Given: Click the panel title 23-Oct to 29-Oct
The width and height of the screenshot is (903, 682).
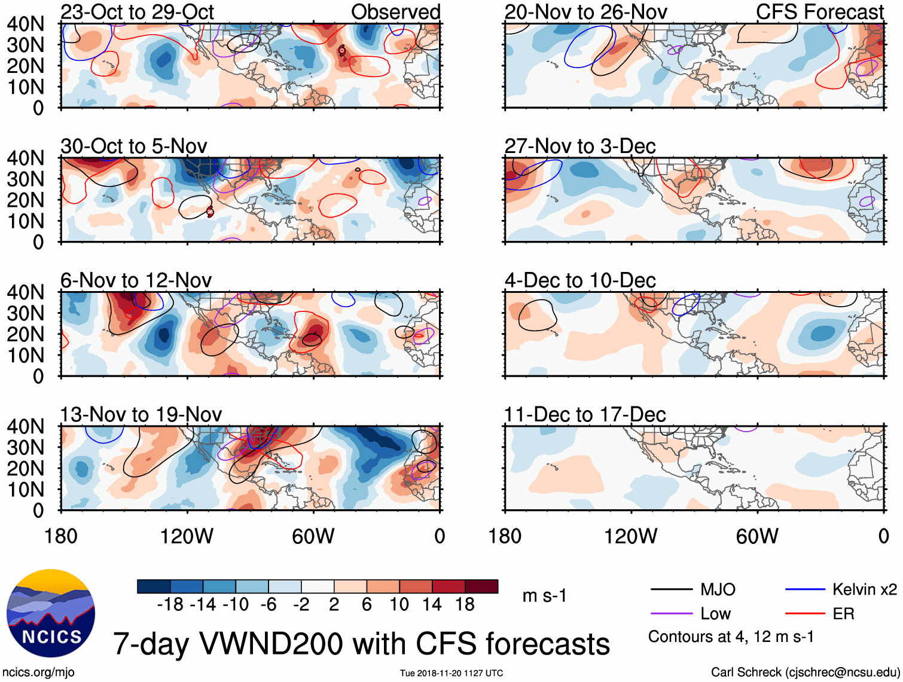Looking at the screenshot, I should coord(137,12).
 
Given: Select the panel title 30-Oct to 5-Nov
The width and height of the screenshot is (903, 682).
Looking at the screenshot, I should coord(134,146).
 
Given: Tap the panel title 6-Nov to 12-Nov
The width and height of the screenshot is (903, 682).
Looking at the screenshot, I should coord(136,280).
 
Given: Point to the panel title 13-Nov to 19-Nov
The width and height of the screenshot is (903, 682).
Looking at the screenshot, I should coord(141,414).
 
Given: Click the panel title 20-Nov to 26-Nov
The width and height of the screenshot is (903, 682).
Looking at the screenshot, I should coord(585,12).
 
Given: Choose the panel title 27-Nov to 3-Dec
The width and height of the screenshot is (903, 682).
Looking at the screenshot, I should coord(580,146).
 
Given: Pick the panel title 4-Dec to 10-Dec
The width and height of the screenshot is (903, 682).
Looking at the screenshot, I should coord(580,280).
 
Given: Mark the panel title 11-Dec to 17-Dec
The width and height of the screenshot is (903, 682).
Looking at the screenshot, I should coord(585,414).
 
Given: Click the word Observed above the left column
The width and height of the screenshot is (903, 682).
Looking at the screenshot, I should coord(395,12).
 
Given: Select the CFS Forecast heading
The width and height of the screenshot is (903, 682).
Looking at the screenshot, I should coord(820,12).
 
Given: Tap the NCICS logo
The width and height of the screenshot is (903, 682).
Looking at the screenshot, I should coord(51,613).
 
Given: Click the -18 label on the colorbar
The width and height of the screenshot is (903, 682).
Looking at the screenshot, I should coord(170,605).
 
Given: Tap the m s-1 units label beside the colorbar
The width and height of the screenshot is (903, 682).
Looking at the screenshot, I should coord(544,596).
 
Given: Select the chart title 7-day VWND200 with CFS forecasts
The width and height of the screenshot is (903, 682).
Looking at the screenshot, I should coord(361,644).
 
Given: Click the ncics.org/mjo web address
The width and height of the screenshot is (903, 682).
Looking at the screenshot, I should coord(38,672).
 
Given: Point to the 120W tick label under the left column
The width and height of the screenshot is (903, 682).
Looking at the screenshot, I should coord(187,536).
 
